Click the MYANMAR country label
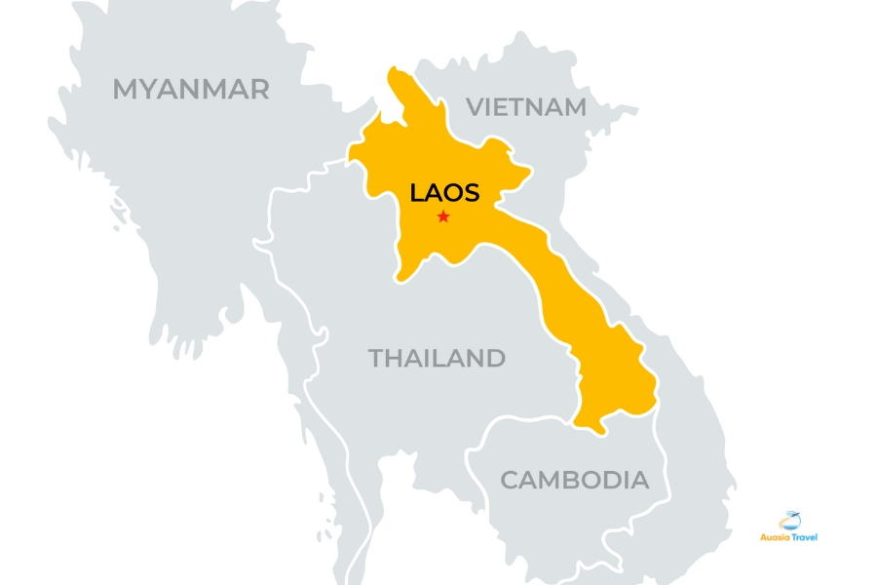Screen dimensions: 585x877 tap(191, 90)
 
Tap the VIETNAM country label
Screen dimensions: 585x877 tap(526, 107)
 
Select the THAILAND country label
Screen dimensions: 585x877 tap(437, 358)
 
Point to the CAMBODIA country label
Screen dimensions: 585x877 tap(574, 480)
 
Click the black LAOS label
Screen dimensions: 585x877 tap(444, 192)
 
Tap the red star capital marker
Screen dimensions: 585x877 tap(443, 216)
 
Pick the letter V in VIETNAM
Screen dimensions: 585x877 tap(475, 107)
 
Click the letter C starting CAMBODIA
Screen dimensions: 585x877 tap(510, 480)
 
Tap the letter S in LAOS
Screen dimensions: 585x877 tap(471, 192)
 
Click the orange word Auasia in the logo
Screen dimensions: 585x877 tap(775, 536)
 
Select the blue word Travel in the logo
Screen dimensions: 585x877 tap(804, 536)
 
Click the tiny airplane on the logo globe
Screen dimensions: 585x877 tap(796, 515)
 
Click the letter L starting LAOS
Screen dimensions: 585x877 tap(416, 192)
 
